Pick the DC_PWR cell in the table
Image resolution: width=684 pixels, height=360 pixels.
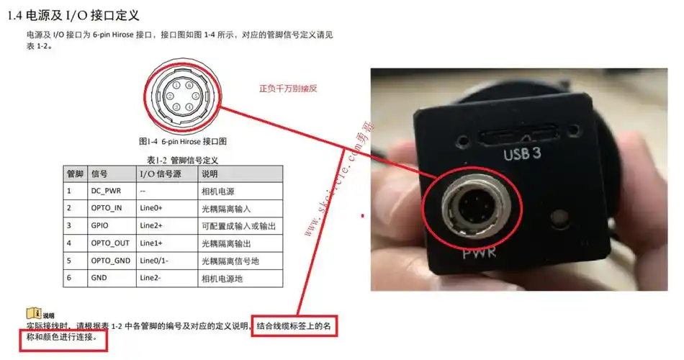(x=107, y=192)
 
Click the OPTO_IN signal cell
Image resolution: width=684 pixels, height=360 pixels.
(x=107, y=209)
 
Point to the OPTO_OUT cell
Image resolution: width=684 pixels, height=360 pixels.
(x=109, y=243)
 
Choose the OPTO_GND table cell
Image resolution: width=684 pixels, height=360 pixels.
(x=110, y=261)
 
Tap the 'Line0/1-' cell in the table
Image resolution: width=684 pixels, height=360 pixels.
(x=157, y=261)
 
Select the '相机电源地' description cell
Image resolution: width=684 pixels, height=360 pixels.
(x=223, y=278)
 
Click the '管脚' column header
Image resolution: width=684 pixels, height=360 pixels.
(x=75, y=174)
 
